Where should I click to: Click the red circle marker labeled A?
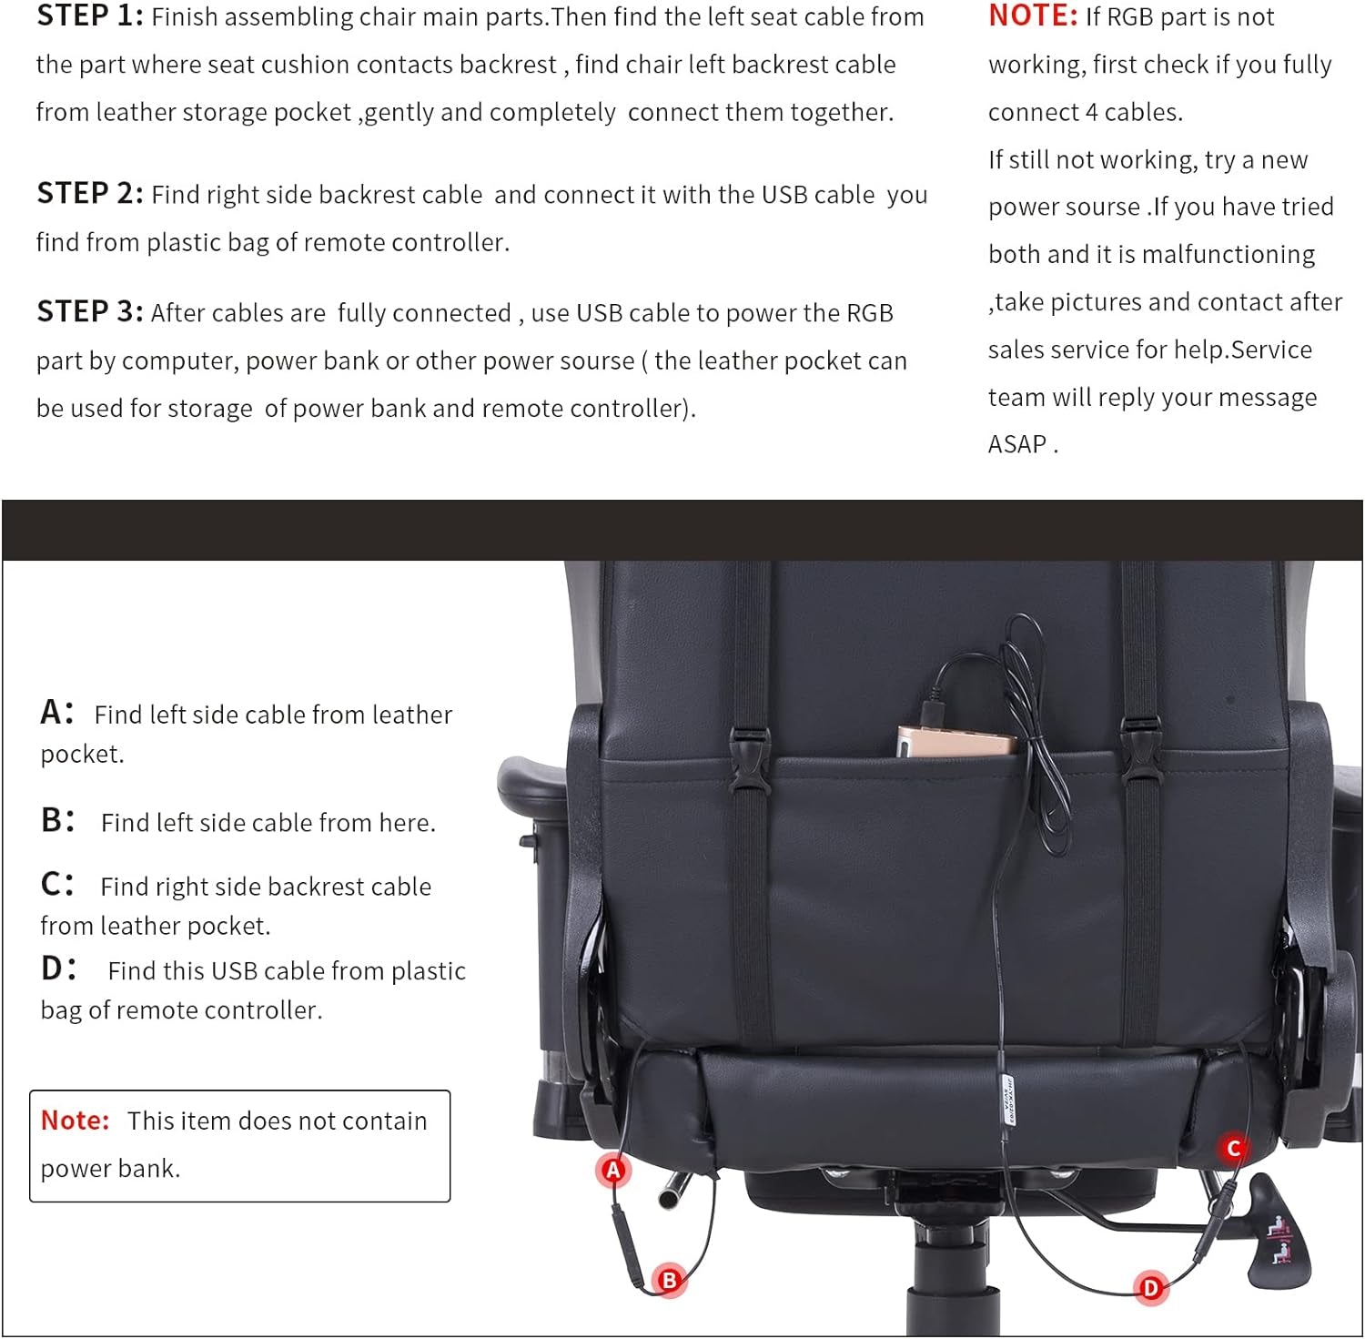point(613,1170)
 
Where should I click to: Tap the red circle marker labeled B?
point(669,1280)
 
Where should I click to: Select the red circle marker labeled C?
point(1233,1149)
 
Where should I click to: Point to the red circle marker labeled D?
point(1151,1288)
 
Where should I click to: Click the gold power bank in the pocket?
point(955,741)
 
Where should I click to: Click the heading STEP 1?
point(89,16)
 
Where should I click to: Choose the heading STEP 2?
point(89,194)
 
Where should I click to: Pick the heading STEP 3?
point(89,312)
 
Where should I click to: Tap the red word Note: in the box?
point(76,1121)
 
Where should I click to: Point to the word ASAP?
point(1017,444)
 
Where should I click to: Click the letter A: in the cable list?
point(56,712)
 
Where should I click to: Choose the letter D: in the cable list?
point(58,969)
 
